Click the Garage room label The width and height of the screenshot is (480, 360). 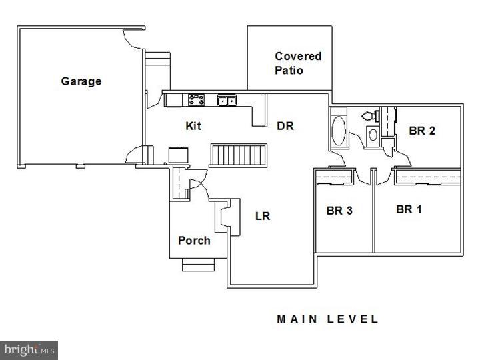[x=81, y=81]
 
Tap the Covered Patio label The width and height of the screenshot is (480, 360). [x=298, y=63]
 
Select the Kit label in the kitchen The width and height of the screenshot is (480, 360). [x=193, y=126]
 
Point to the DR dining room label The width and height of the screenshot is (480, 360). [x=285, y=126]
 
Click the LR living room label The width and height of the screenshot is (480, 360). [x=263, y=216]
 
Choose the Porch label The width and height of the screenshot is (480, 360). [x=194, y=240]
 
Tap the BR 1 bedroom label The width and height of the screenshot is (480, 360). [x=409, y=209]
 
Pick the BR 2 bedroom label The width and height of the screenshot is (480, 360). [x=422, y=131]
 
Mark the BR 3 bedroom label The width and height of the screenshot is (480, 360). [x=339, y=211]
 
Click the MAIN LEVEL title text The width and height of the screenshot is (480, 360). [x=327, y=319]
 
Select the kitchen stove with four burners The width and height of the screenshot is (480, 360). [x=196, y=100]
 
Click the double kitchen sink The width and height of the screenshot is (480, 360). [x=227, y=100]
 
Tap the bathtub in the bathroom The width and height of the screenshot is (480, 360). [x=339, y=131]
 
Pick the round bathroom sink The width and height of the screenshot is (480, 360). [x=373, y=135]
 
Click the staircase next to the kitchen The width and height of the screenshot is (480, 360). [x=238, y=155]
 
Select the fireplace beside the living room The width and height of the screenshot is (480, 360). [x=227, y=217]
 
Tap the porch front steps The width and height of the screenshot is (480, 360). [x=199, y=265]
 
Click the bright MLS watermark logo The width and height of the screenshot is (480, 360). [x=29, y=350]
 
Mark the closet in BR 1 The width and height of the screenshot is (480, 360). [x=428, y=177]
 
